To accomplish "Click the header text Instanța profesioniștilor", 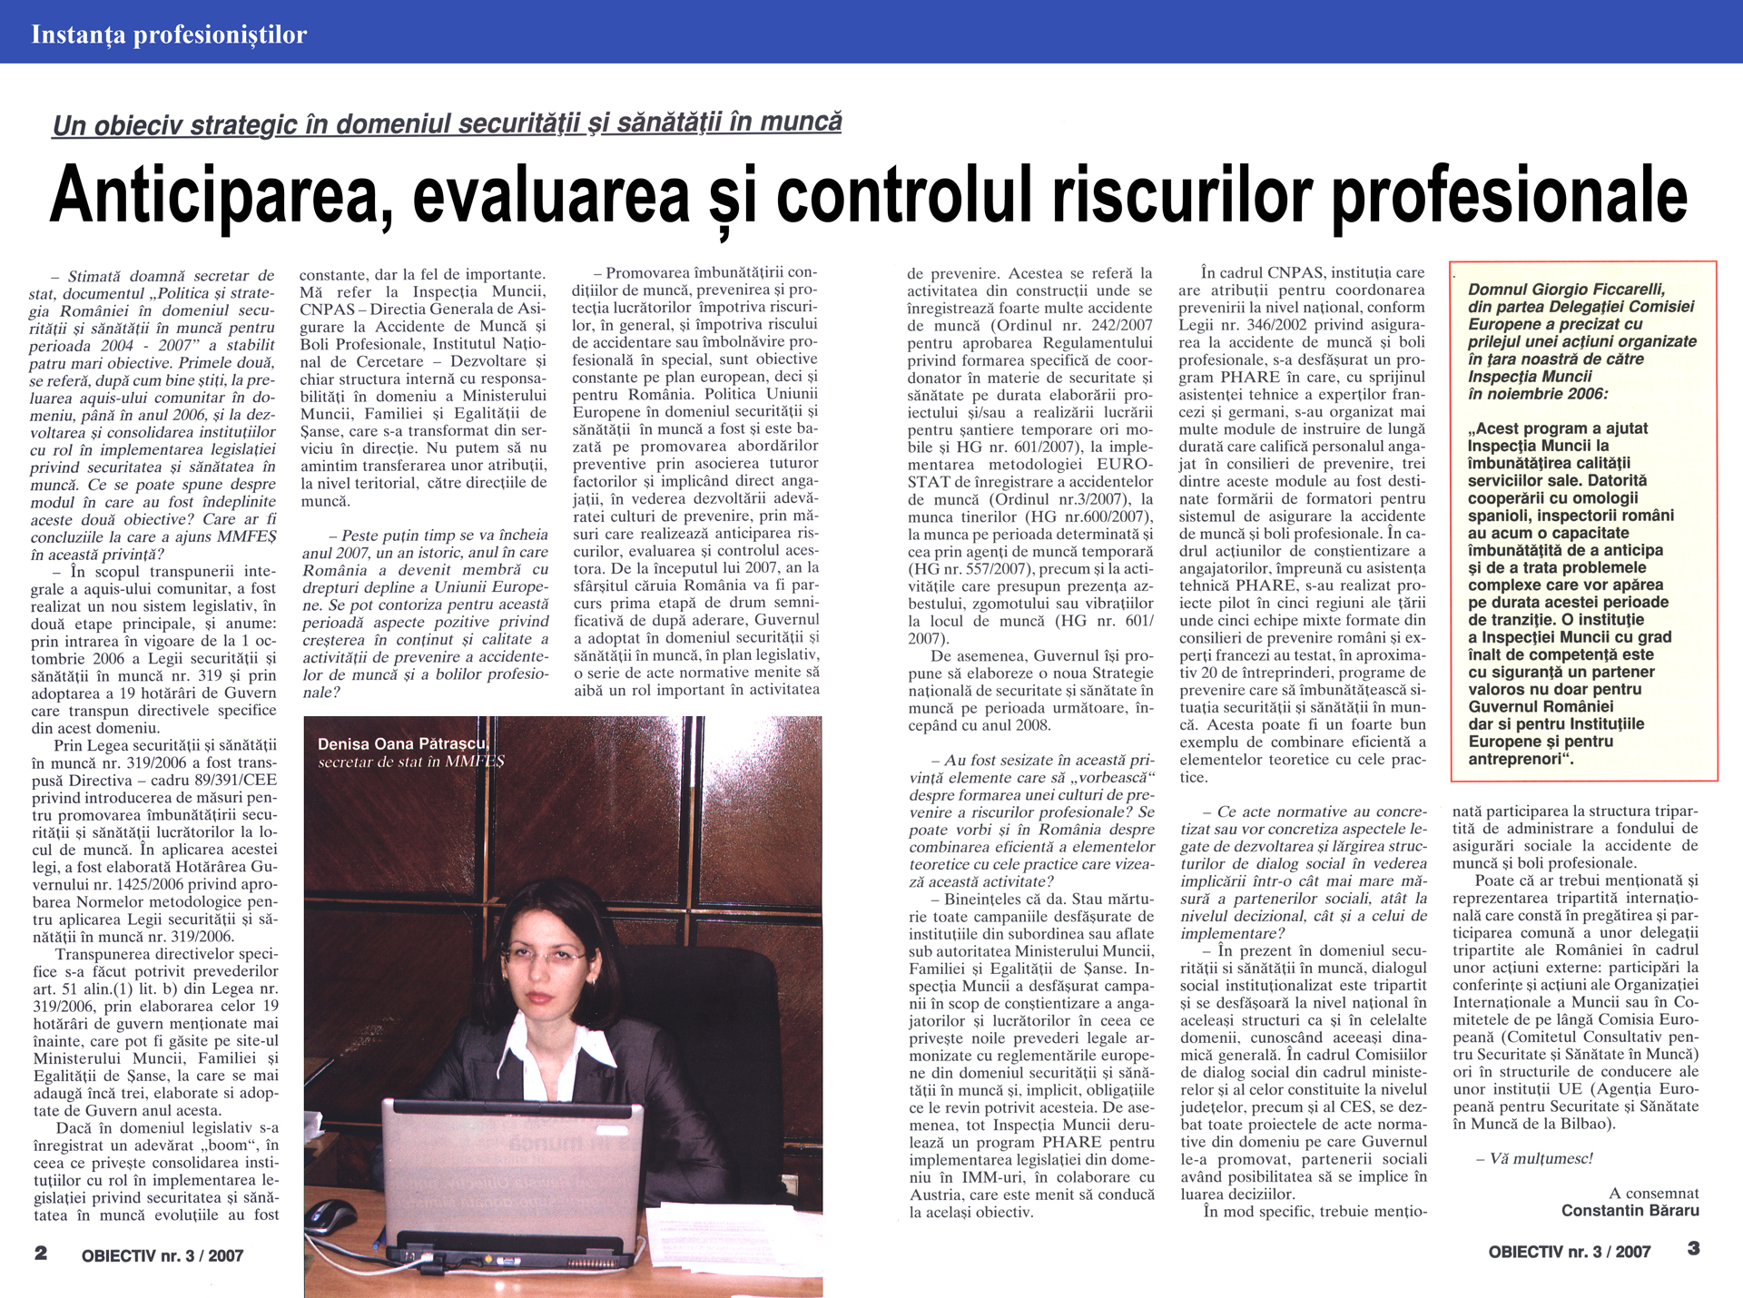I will point(169,34).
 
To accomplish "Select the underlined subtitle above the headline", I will point(447,123).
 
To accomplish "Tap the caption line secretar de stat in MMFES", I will point(410,762).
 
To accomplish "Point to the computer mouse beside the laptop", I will point(331,1214).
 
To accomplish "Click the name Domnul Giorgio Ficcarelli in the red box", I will point(1567,290).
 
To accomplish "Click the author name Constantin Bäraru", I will point(1630,1211).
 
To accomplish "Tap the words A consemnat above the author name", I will point(1653,1194).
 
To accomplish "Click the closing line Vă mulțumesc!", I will point(1534,1159).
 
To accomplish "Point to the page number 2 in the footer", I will point(41,1254).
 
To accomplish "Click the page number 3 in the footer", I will point(1693,1249).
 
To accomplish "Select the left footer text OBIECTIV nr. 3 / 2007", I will point(162,1256).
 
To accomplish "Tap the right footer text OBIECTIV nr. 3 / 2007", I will point(1569,1253).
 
